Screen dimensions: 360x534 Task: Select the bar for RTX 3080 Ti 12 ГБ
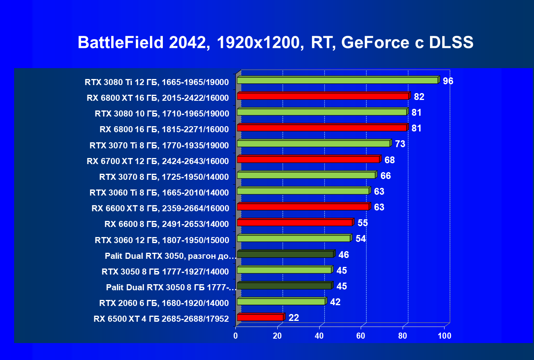click(x=337, y=81)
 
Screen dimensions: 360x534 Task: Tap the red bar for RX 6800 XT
click(x=323, y=96)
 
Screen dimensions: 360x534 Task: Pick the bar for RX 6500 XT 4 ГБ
click(x=260, y=318)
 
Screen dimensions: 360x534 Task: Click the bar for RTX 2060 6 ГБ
click(x=281, y=302)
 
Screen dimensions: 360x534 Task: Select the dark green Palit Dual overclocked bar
click(x=285, y=254)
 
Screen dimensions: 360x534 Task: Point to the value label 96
click(x=448, y=81)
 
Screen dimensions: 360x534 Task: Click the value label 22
click(x=294, y=318)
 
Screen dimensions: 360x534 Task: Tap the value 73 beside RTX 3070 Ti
click(x=400, y=144)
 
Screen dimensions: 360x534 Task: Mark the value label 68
click(x=389, y=160)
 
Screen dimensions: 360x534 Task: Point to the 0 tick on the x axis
click(x=236, y=336)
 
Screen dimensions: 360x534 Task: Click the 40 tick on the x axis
click(x=319, y=336)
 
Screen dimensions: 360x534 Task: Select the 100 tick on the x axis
click(x=444, y=336)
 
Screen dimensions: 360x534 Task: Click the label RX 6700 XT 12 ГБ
click(x=158, y=162)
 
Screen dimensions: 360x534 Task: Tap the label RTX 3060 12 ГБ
click(x=162, y=241)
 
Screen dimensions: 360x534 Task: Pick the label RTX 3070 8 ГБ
click(x=164, y=177)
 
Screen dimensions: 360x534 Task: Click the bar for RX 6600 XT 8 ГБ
click(x=303, y=207)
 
